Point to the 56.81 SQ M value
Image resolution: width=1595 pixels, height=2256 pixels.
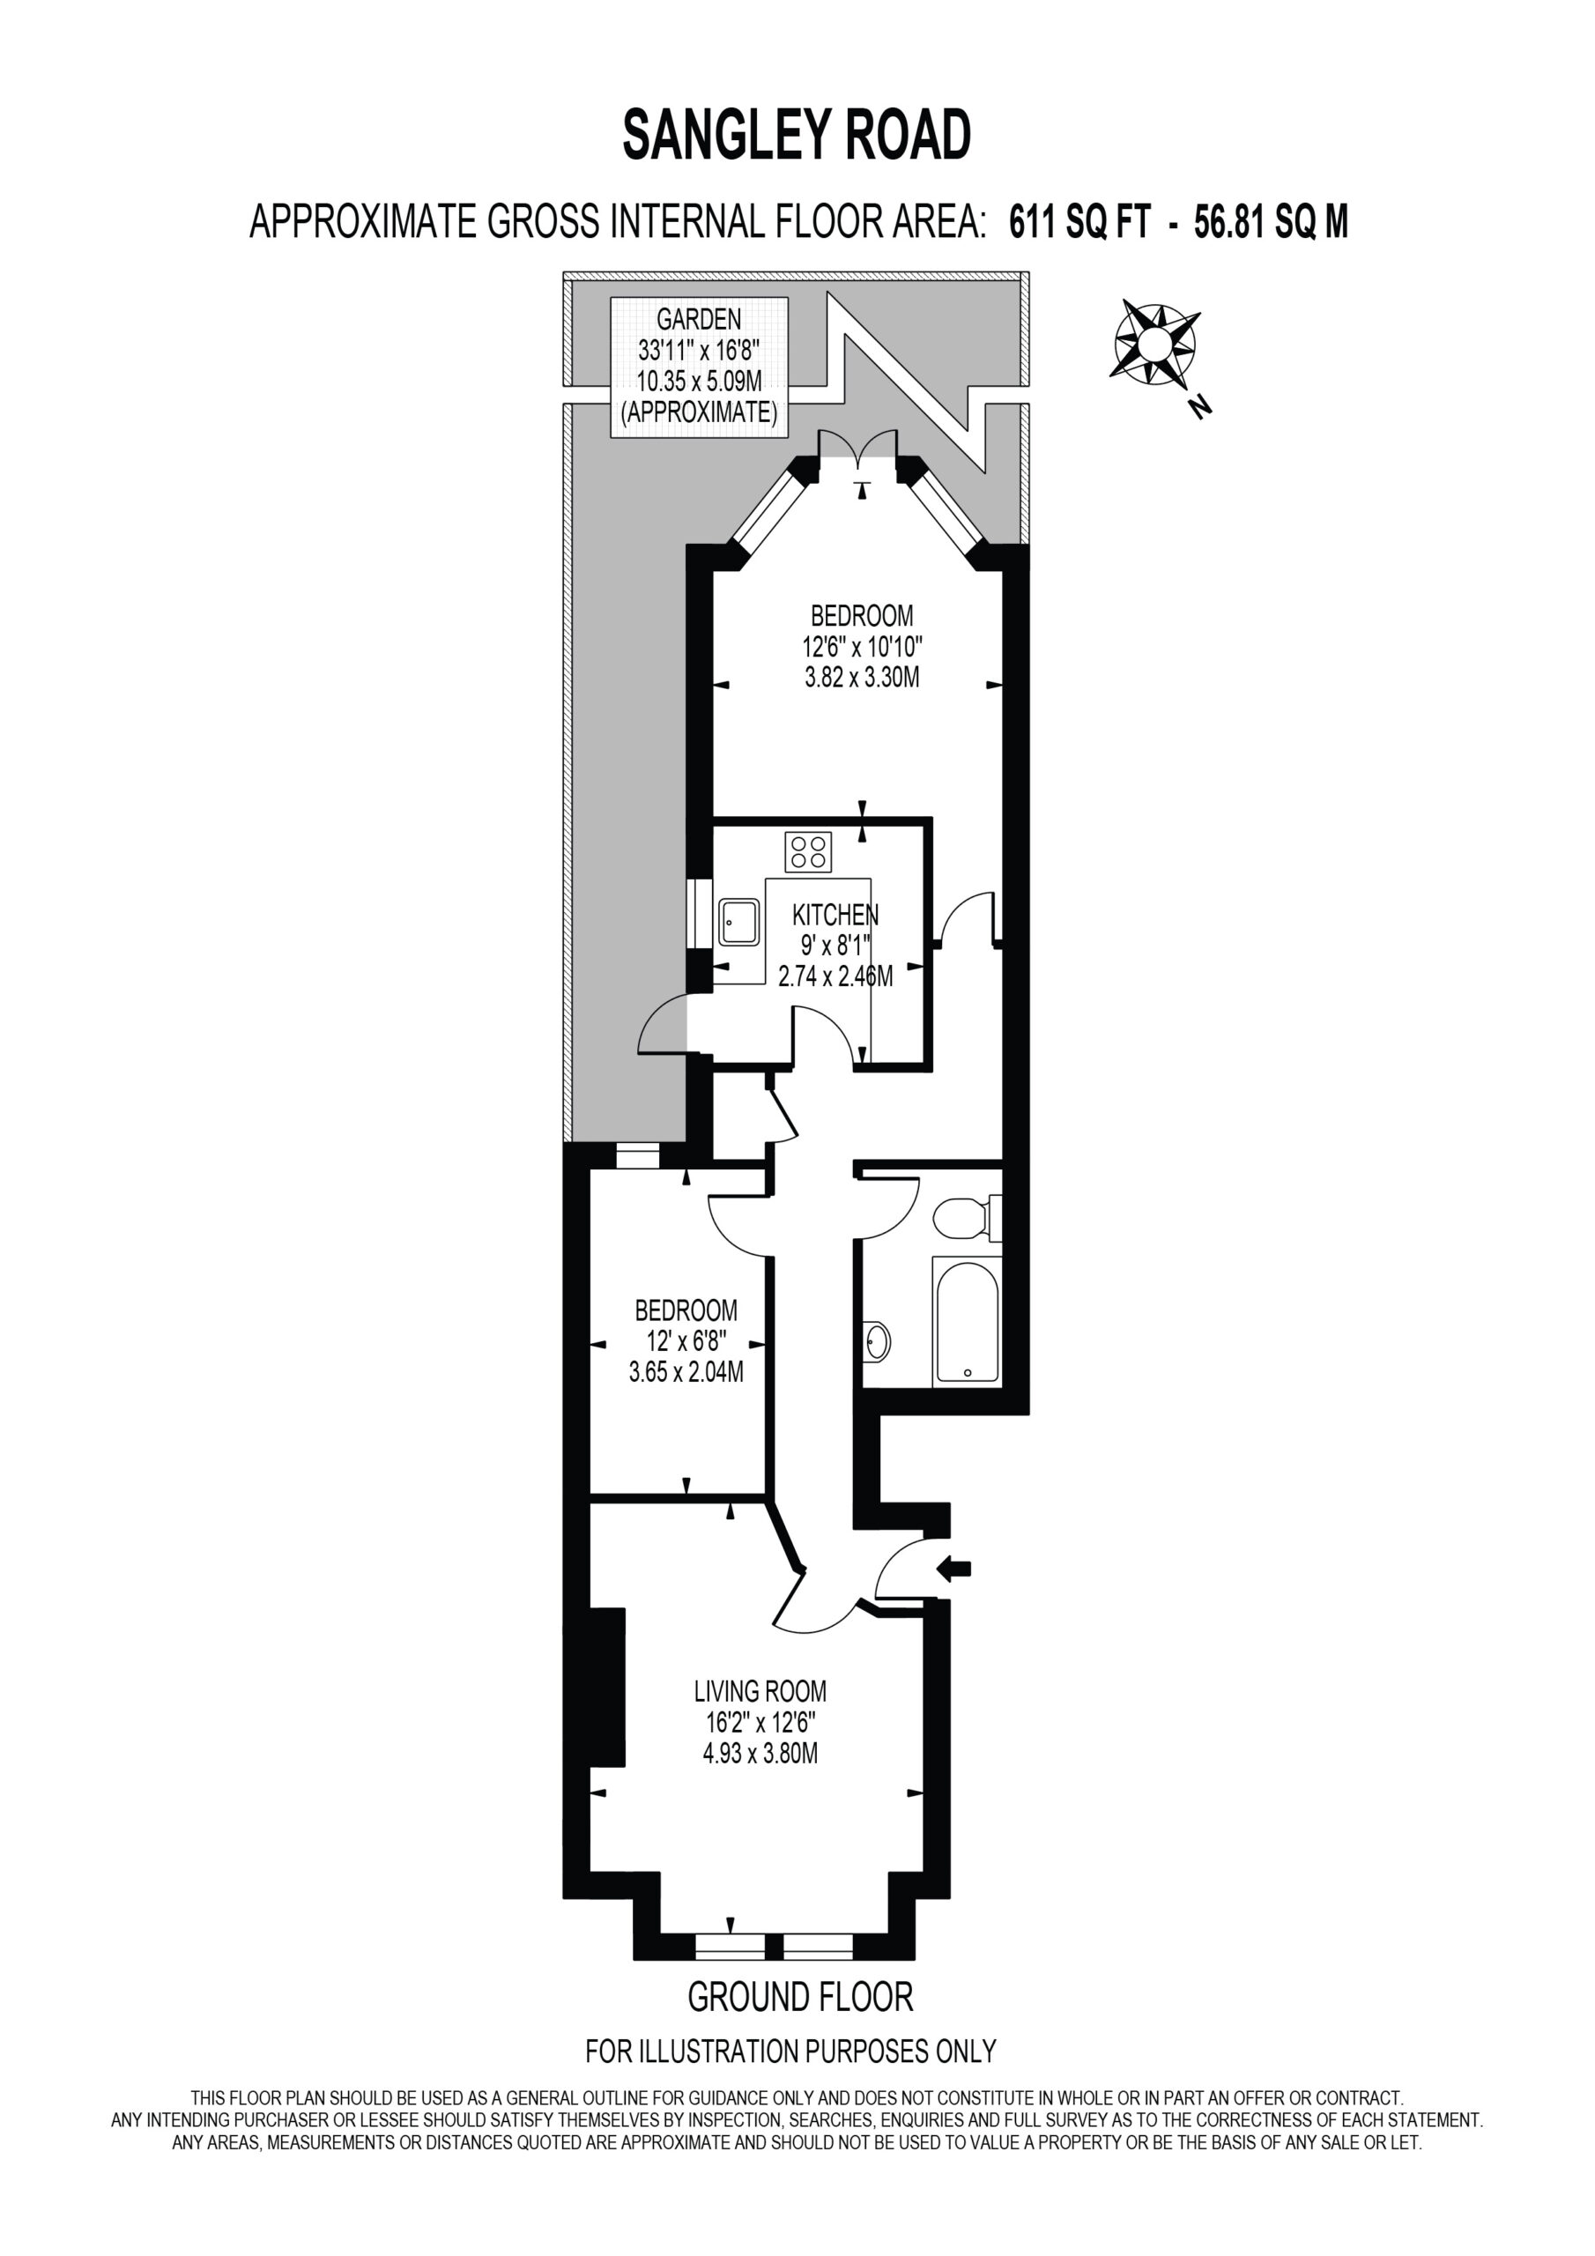pyautogui.click(x=1271, y=222)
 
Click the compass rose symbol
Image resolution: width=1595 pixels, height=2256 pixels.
pyautogui.click(x=1154, y=343)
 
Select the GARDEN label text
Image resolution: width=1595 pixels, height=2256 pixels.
pyautogui.click(x=699, y=319)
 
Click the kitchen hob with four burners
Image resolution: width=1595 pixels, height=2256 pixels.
pyautogui.click(x=808, y=851)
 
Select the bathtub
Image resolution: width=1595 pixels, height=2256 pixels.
pyautogui.click(x=967, y=1321)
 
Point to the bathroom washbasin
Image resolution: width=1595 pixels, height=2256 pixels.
pyautogui.click(x=878, y=1342)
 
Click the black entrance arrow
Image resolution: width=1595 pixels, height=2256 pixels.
pyautogui.click(x=954, y=1570)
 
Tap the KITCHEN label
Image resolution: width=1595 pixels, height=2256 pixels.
pyautogui.click(x=835, y=916)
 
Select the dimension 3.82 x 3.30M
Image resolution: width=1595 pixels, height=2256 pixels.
pyautogui.click(x=862, y=677)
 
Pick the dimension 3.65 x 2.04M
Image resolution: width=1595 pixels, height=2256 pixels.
pyautogui.click(x=686, y=1372)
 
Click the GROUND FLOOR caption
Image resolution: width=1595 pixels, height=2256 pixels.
pyautogui.click(x=800, y=1998)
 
